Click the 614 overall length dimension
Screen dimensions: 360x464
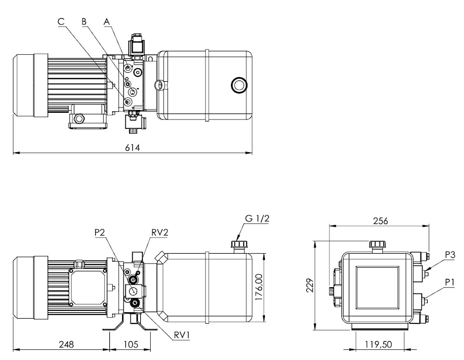132,148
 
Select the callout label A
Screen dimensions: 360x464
107,21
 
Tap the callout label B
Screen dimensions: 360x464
84,21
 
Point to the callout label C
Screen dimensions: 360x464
61,21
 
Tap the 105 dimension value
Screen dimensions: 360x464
131,345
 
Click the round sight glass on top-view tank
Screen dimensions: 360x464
238,84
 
